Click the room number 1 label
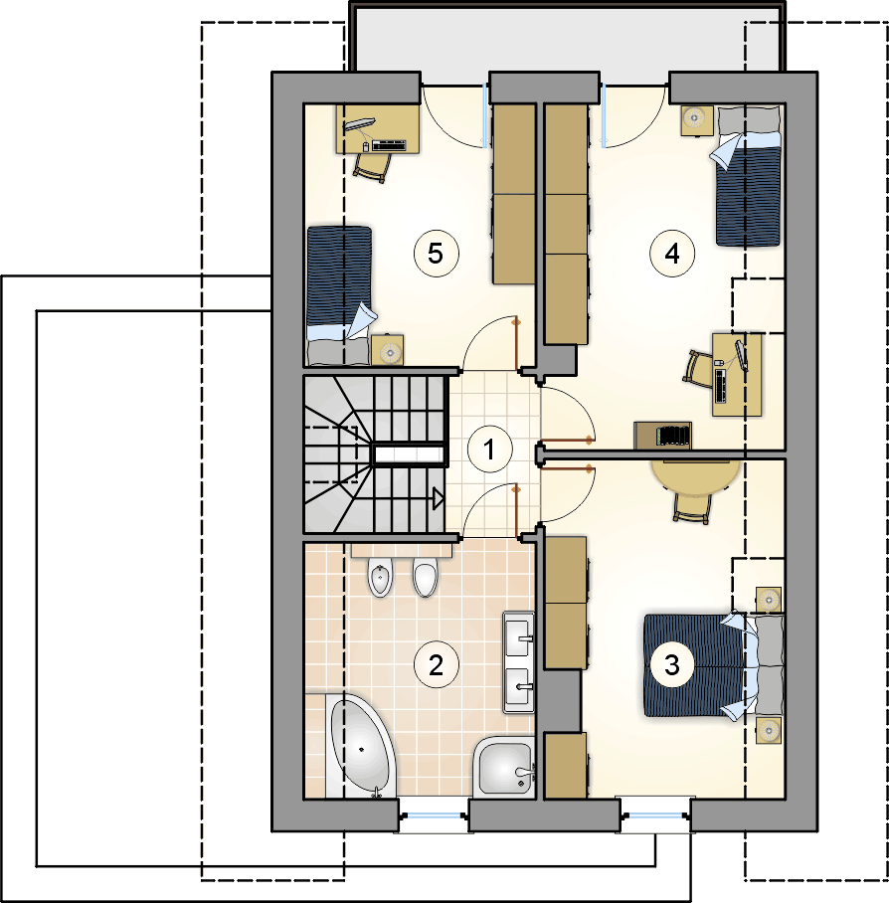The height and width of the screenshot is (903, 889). tap(490, 450)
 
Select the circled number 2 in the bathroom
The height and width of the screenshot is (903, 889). tap(437, 665)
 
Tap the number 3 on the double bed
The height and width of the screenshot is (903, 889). tap(672, 665)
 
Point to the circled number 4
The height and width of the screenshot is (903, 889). tap(672, 254)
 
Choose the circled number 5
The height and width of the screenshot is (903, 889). tap(437, 254)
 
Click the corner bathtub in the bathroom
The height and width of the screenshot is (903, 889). tap(361, 746)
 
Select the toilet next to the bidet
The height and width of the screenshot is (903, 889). tap(426, 577)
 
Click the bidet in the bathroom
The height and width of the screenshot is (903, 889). tap(381, 577)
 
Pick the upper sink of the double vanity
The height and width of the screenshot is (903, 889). tap(519, 635)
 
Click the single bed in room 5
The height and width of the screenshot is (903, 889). tap(338, 295)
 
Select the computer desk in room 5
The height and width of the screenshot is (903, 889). tap(377, 129)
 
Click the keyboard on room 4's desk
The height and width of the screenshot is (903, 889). tap(721, 385)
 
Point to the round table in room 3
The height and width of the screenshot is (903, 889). tap(695, 476)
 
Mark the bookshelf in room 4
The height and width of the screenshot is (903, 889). tap(662, 436)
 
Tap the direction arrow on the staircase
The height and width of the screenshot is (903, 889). tap(438, 498)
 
